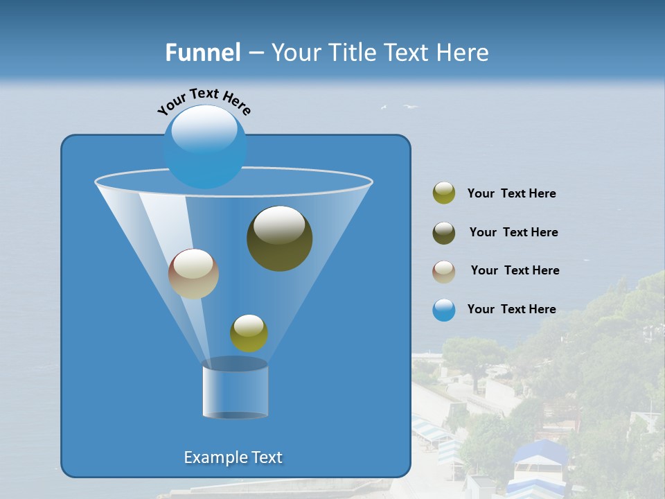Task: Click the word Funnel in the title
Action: (x=203, y=53)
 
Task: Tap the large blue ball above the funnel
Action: (x=205, y=146)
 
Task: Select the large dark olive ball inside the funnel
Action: (x=280, y=238)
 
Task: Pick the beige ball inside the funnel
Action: (x=193, y=274)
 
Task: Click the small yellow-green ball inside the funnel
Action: (x=249, y=333)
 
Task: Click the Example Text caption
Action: (x=233, y=457)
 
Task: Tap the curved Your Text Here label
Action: (x=204, y=100)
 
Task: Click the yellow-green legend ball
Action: (x=444, y=193)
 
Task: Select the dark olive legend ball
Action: (x=444, y=233)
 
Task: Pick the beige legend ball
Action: (x=444, y=272)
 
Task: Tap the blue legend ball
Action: (x=444, y=310)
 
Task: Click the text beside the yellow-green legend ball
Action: (x=511, y=194)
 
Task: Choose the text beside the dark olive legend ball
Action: (x=513, y=233)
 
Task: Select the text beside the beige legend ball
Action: (x=515, y=271)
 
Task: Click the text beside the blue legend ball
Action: (x=511, y=310)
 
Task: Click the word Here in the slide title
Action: (x=463, y=53)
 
